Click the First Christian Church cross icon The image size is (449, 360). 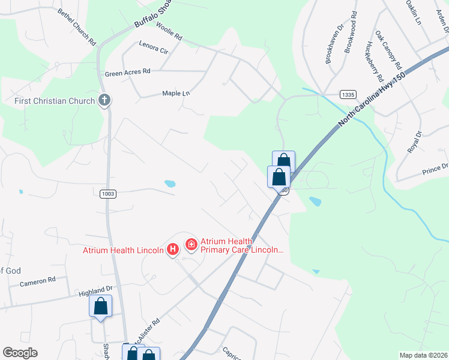[104, 100]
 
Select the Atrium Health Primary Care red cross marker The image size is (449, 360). [191, 244]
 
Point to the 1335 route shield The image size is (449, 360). [348, 94]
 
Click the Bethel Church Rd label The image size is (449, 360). [77, 28]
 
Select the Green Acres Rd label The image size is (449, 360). [127, 73]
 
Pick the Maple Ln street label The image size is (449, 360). [176, 94]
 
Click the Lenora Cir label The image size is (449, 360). [153, 48]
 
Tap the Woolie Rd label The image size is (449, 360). [168, 32]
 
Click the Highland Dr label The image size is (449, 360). [96, 290]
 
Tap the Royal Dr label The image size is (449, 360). [415, 142]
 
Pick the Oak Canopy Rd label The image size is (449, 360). [388, 49]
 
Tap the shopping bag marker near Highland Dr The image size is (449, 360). [101, 306]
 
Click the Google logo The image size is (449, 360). [20, 353]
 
